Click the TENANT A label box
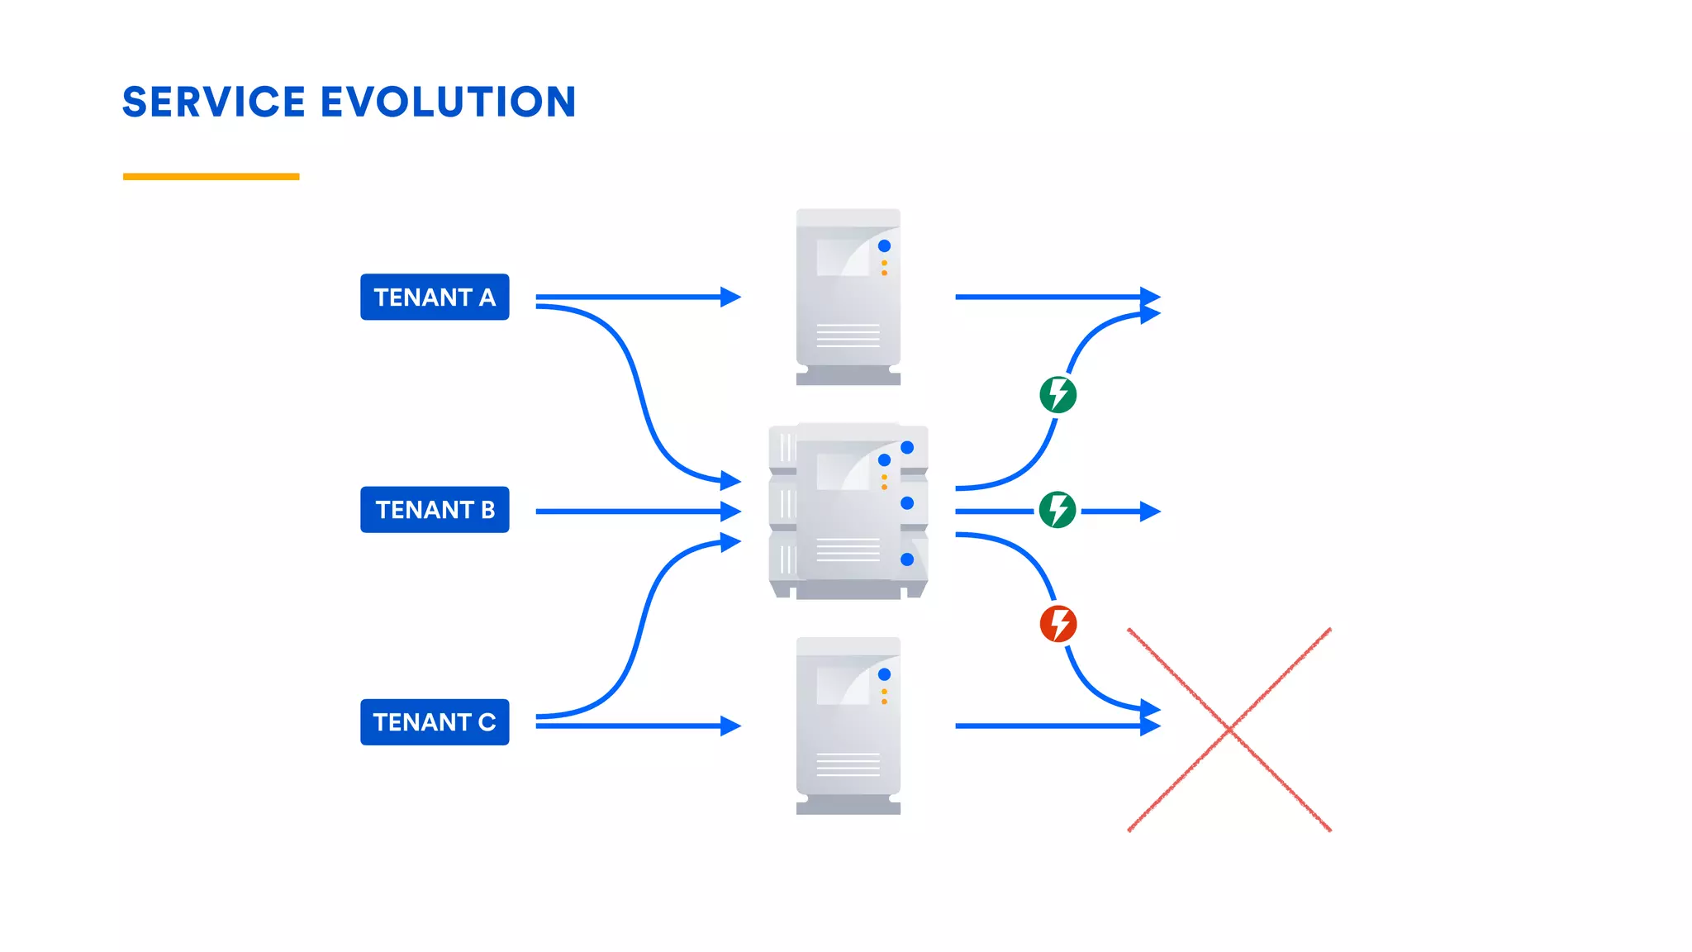(435, 297)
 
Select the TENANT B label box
(435, 510)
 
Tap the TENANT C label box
(435, 722)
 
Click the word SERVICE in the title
(214, 102)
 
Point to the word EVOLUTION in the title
(448, 102)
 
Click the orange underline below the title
(211, 176)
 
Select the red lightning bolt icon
(1058, 624)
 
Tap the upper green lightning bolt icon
(1058, 394)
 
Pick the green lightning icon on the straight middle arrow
(1057, 510)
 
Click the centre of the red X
(1229, 730)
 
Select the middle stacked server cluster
(848, 511)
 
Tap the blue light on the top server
(884, 246)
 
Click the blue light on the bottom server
(884, 674)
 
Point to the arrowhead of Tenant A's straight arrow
(731, 297)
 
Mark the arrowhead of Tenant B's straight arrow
(731, 512)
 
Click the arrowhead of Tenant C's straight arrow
(731, 726)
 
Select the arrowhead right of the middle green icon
(1151, 512)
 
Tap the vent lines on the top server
(848, 336)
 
